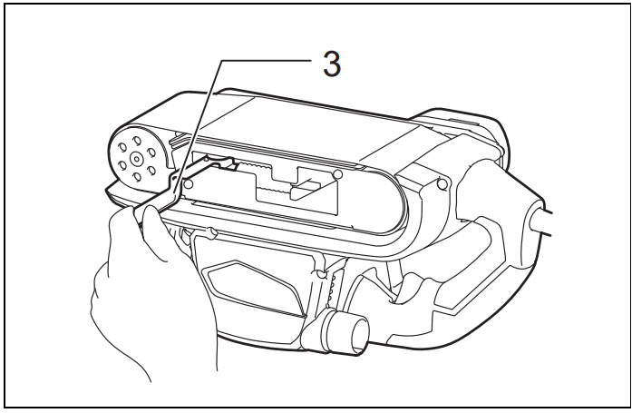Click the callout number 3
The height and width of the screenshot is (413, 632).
[x=332, y=64]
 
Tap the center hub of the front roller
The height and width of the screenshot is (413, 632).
[x=137, y=160]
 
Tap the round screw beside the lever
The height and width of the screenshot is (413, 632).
[x=188, y=184]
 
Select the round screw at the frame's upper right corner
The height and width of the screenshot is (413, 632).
[x=338, y=174]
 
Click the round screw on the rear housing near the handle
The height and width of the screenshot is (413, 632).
[x=442, y=184]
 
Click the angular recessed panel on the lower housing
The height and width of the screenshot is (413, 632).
[x=255, y=287]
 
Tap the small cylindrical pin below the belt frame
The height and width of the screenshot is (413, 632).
[x=211, y=232]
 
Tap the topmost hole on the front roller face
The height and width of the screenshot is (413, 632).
[x=138, y=141]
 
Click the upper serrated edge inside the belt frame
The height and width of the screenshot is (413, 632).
[x=253, y=167]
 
